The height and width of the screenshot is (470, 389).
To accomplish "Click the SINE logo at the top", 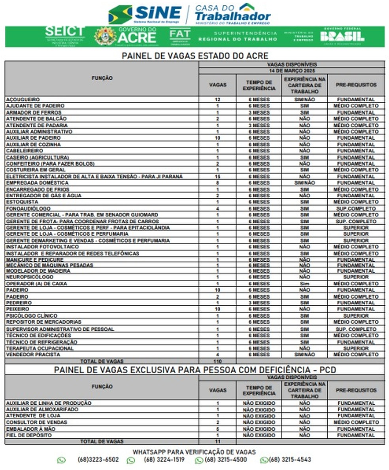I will [145, 14].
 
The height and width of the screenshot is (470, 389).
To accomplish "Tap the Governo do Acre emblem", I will [105, 36].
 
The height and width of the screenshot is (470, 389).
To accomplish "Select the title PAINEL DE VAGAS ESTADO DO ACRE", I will [195, 56].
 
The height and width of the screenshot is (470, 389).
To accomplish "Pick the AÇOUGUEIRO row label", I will [23, 99].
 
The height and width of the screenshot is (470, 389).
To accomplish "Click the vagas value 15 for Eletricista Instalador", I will [217, 176].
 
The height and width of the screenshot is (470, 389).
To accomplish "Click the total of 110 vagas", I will [217, 361].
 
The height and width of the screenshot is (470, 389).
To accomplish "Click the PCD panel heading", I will [194, 370].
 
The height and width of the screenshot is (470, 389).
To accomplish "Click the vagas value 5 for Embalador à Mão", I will [217, 429].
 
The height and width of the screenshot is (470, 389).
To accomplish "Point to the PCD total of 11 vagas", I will [217, 442].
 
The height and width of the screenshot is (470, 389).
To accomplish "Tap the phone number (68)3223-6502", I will [98, 460].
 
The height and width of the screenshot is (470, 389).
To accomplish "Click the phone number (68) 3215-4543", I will [290, 460].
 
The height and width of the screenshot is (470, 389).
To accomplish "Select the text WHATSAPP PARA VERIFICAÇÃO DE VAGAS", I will [194, 452].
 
